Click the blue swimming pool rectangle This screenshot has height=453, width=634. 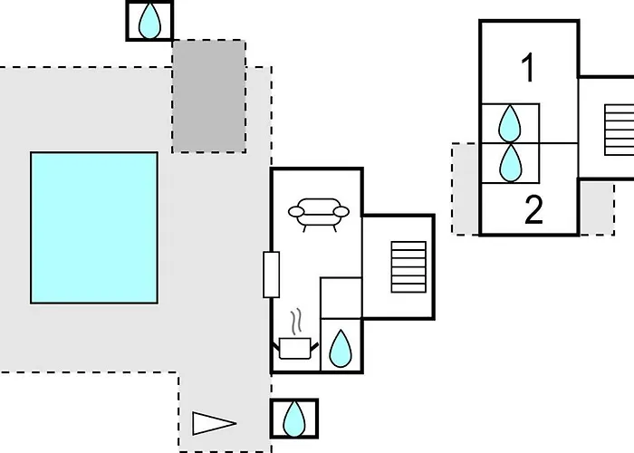[94, 227]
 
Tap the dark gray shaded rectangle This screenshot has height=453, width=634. [209, 96]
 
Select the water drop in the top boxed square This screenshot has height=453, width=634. [149, 21]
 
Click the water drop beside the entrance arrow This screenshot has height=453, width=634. [294, 419]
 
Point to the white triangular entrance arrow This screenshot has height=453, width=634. [214, 423]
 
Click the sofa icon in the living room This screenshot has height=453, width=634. [319, 215]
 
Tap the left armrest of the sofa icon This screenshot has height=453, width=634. [296, 211]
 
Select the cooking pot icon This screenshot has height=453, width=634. [295, 348]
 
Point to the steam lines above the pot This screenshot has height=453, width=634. [296, 322]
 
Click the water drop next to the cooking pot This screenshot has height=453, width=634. [341, 349]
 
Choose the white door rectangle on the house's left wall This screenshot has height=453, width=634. [272, 275]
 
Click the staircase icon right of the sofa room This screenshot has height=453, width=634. [408, 267]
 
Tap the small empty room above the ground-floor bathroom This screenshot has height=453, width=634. [341, 298]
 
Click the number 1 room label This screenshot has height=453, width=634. [528, 68]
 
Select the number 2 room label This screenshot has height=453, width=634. [533, 209]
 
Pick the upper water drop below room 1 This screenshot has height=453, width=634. [510, 123]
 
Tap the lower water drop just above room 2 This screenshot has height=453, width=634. [511, 163]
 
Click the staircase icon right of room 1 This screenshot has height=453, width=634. [619, 130]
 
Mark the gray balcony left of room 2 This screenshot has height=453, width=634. [466, 188]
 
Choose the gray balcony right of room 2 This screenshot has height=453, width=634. [597, 208]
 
